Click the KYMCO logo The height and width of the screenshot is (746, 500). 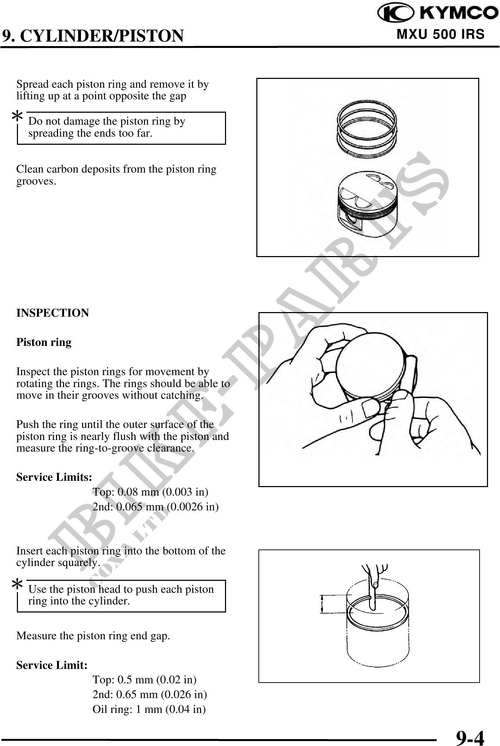[x=437, y=13]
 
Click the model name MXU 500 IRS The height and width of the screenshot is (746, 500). [x=440, y=35]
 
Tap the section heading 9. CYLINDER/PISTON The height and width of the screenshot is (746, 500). [x=93, y=36]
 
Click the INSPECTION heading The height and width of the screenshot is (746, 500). [x=53, y=313]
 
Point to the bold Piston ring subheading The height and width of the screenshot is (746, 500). [x=44, y=342]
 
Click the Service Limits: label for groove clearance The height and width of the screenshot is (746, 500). [x=54, y=477]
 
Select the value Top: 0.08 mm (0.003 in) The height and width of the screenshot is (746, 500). [x=150, y=492]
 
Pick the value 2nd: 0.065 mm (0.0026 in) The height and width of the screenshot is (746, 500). [x=155, y=507]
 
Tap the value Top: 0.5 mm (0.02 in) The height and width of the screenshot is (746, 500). [x=144, y=679]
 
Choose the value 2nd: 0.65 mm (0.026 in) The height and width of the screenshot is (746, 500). [x=150, y=694]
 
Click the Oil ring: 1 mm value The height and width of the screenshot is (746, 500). [x=149, y=709]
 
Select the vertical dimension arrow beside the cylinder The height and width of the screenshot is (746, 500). [x=321, y=604]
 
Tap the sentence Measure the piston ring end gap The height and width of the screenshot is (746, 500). [x=93, y=636]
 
